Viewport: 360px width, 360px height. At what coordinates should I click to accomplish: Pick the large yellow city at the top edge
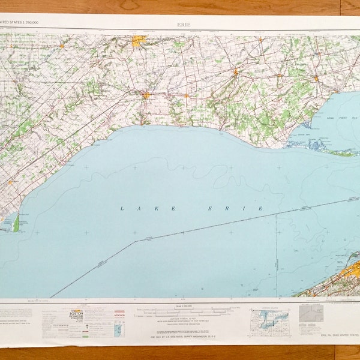pyautogui.click(x=139, y=41)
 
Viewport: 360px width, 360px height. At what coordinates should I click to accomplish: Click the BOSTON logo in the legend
pyautogui.click(x=77, y=314)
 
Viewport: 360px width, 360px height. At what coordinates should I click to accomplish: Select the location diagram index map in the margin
pyautogui.click(x=269, y=321)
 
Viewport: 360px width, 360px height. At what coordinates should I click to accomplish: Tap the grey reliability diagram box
pyautogui.click(x=311, y=314)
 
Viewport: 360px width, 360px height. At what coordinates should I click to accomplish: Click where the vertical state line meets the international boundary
pyautogui.click(x=277, y=214)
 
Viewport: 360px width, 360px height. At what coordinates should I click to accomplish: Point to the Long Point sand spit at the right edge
pyautogui.click(x=342, y=153)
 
